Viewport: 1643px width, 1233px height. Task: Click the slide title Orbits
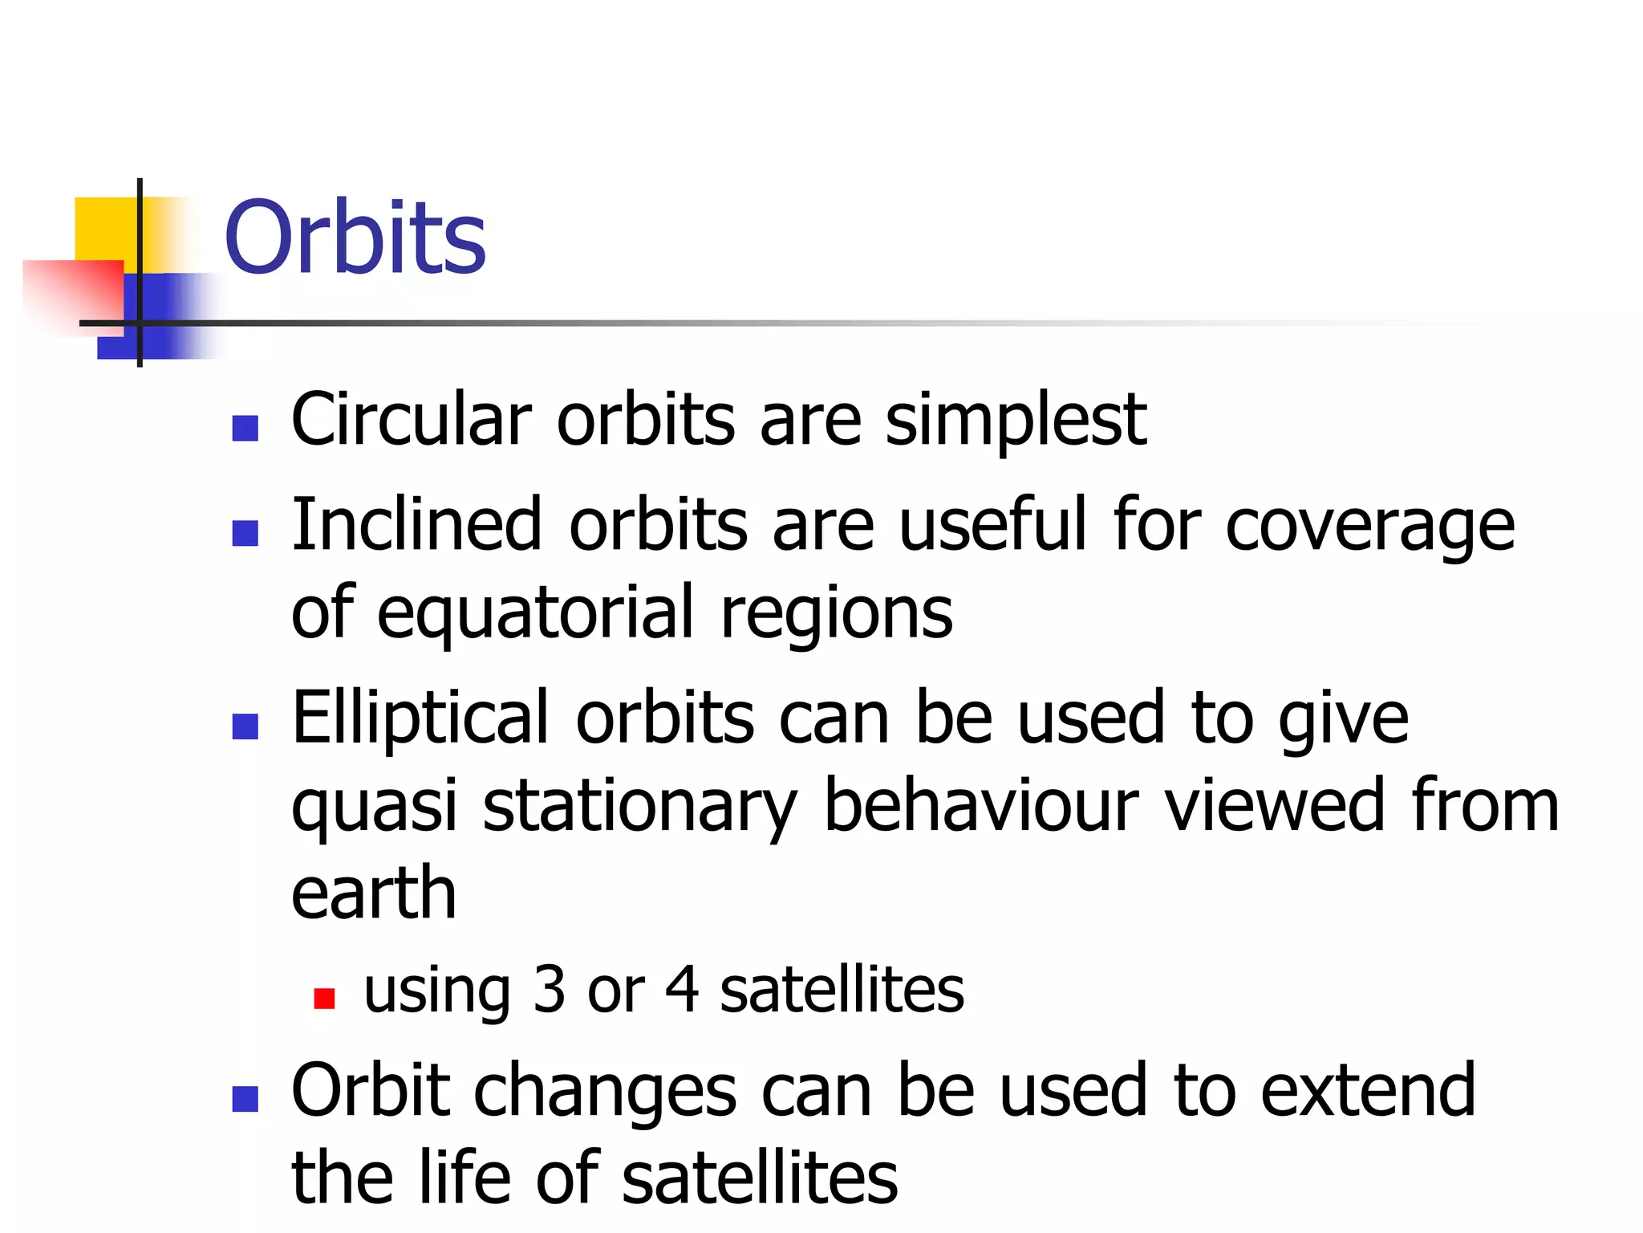[355, 238]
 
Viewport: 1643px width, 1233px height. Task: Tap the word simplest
[1016, 421]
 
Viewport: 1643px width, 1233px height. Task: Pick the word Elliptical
[420, 718]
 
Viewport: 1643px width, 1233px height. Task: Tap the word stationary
[640, 807]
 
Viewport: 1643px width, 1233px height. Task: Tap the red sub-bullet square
[324, 999]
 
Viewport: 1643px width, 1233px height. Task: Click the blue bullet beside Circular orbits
[245, 429]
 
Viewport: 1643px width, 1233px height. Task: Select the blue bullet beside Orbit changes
[245, 1099]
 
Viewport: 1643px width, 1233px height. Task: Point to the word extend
[1367, 1090]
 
